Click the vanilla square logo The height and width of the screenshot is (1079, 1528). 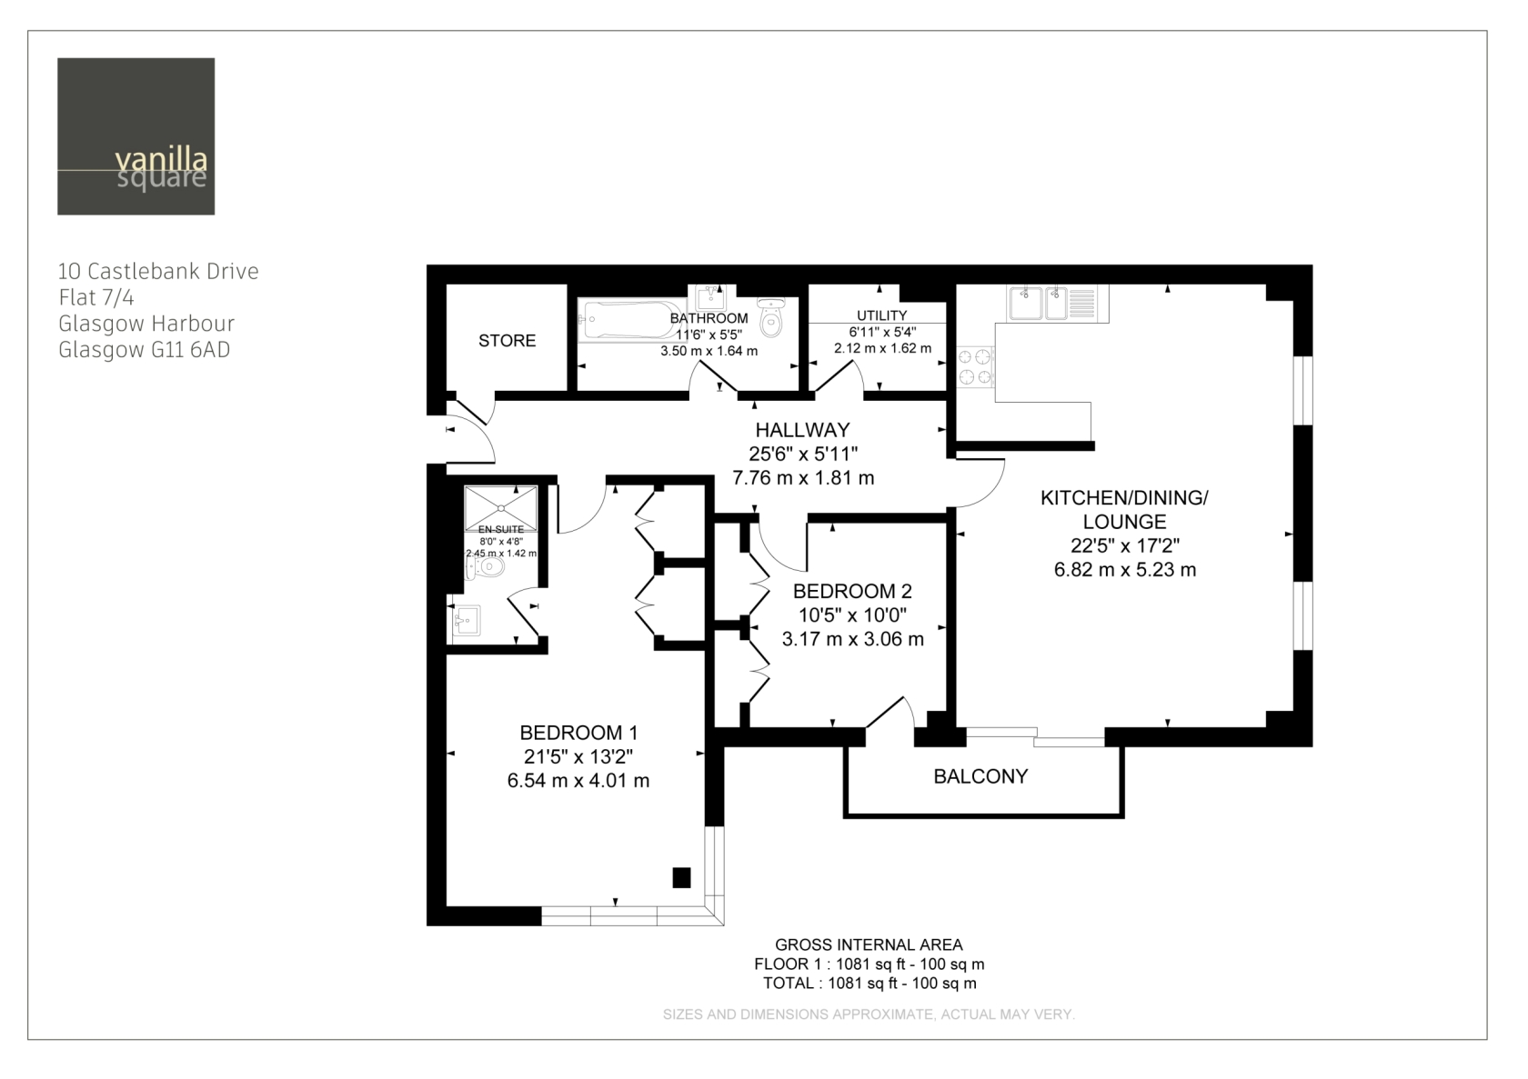coord(136,136)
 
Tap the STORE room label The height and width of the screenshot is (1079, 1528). coord(507,341)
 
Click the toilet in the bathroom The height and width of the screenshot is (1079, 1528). coord(771,317)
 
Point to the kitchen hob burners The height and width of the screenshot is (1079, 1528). coord(975,366)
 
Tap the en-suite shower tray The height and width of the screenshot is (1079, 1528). coord(500,508)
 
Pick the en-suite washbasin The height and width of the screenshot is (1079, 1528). coord(467,620)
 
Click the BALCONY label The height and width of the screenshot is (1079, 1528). coord(980,776)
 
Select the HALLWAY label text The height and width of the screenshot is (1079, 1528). coord(803,430)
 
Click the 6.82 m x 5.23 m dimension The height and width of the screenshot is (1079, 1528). coord(1125,570)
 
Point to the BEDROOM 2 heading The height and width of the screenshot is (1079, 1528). coord(852,591)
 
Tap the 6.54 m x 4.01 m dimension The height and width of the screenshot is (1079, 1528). coord(578,781)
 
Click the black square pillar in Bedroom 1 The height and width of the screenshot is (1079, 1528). coord(681,877)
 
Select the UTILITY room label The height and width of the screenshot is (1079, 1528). coord(882,315)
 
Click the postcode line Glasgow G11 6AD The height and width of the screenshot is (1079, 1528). coord(144,350)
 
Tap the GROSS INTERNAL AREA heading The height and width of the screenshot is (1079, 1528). coord(869,944)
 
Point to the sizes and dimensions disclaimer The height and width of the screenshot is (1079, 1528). coord(869,1014)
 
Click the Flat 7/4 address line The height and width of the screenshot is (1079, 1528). coord(96,298)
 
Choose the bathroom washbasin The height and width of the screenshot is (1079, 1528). coord(711,298)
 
